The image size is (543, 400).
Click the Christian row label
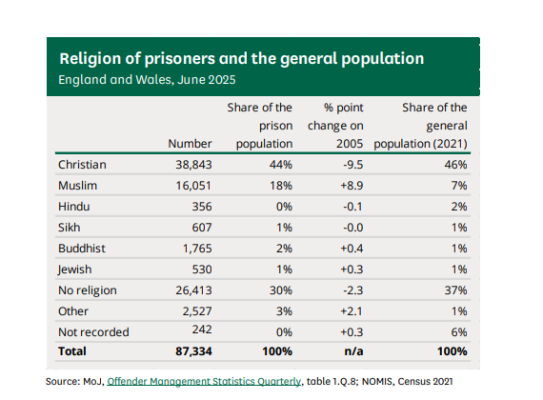coord(82,165)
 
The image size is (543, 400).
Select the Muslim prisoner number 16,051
coord(193,186)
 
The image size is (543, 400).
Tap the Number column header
coord(190,144)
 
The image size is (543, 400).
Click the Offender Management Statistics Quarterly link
coord(204,381)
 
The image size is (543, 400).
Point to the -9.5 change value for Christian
coord(353,165)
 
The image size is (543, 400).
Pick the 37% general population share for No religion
coord(455,290)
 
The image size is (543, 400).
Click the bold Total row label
coord(72,351)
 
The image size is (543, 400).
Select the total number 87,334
coord(193,351)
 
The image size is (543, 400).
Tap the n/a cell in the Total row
coord(353,351)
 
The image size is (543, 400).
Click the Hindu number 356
coord(202,207)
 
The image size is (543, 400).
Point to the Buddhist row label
coord(82,249)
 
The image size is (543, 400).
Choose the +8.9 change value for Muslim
coord(352,186)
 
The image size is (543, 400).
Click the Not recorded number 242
coord(202,329)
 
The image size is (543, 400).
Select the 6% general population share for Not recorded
coord(459,332)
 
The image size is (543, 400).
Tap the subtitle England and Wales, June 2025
coord(147,80)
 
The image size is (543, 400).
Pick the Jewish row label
coord(75,270)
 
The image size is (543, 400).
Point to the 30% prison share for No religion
coord(281,290)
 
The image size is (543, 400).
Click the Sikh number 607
coord(202,228)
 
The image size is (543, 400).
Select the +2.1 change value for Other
coord(352,311)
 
